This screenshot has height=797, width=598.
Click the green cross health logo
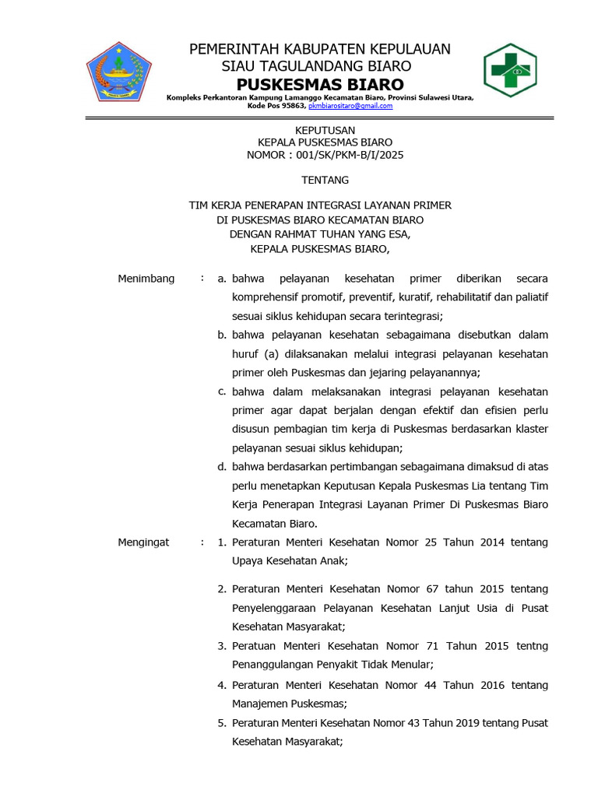pyautogui.click(x=510, y=70)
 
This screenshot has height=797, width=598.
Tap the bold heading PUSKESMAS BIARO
pyautogui.click(x=321, y=84)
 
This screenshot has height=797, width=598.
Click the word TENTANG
pyautogui.click(x=325, y=180)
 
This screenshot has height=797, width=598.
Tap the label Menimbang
pyautogui.click(x=146, y=278)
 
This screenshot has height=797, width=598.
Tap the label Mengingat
pyautogui.click(x=143, y=542)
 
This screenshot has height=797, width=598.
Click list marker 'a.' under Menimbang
pyautogui.click(x=221, y=278)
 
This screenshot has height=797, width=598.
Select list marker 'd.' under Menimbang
pyautogui.click(x=221, y=466)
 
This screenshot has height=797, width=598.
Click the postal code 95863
pyautogui.click(x=282, y=106)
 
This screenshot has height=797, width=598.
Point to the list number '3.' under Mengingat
pyautogui.click(x=222, y=646)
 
